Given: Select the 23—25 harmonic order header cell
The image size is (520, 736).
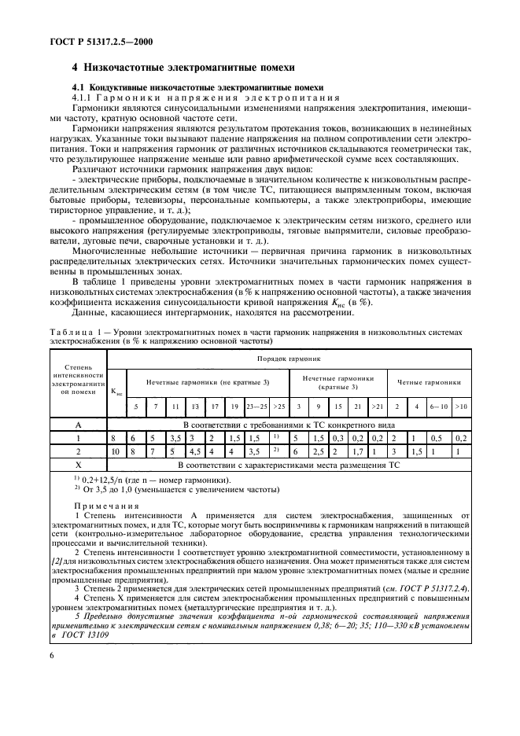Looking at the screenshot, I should tap(255, 407).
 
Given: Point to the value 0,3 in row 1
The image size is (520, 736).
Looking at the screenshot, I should tap(337, 436).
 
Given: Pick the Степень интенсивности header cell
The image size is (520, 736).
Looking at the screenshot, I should tap(77, 378).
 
